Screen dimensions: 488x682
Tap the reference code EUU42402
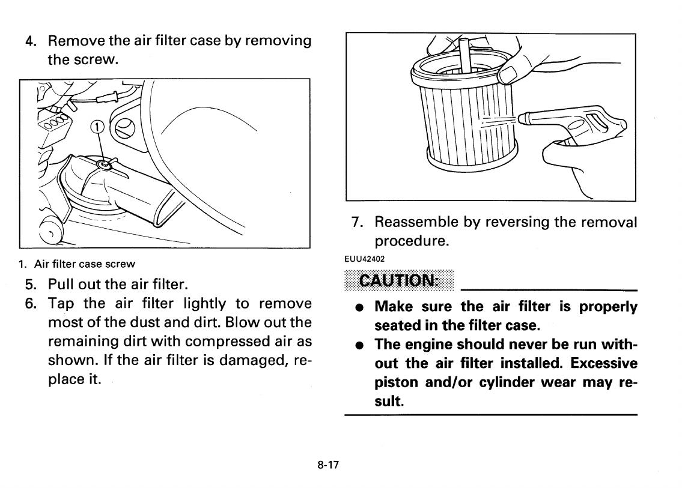(364, 258)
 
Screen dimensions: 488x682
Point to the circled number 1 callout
(96, 127)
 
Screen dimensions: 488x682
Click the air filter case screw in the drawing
(105, 163)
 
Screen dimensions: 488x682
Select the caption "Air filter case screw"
(84, 264)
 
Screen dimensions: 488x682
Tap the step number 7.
(357, 222)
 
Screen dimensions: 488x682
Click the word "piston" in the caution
(394, 382)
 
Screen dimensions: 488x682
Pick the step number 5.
(31, 283)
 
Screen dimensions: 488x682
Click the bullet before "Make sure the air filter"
(358, 307)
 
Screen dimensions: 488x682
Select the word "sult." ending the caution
(389, 400)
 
